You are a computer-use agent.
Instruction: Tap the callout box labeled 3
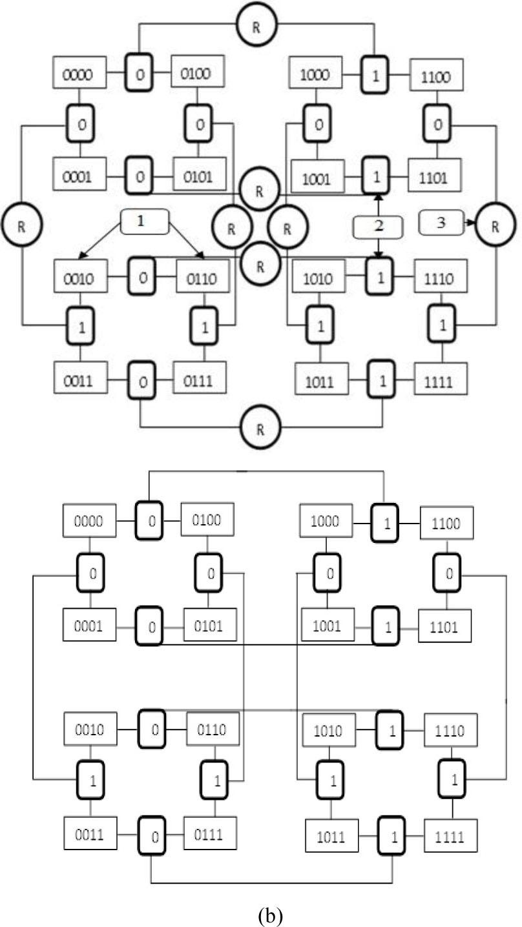pyautogui.click(x=441, y=224)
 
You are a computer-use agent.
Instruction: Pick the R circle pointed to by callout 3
pyautogui.click(x=495, y=226)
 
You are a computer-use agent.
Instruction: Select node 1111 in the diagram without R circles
pyautogui.click(x=450, y=837)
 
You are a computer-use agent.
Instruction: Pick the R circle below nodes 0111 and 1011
pyautogui.click(x=259, y=427)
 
